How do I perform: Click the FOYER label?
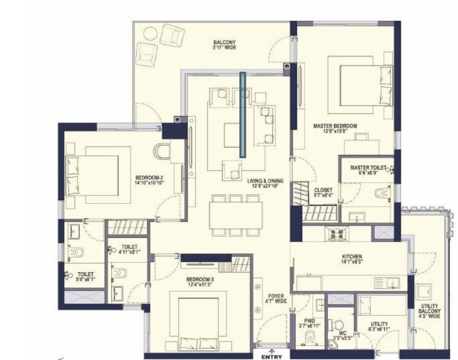[x=277, y=298]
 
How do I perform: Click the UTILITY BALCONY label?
[x=430, y=311]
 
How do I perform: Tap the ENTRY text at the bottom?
[x=271, y=356]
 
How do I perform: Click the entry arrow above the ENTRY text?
[x=271, y=349]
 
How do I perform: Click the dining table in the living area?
[x=235, y=216]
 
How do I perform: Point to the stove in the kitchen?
[x=335, y=233]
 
